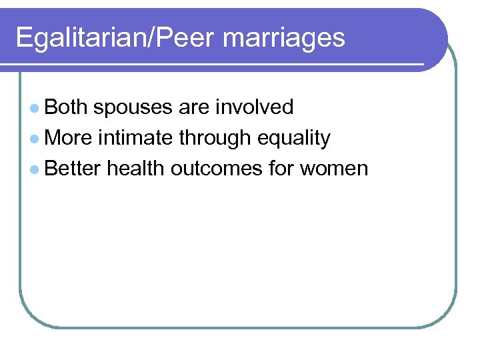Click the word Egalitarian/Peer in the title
[116, 37]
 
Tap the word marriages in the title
[284, 37]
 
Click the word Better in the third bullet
[73, 169]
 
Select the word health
[136, 169]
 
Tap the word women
[334, 169]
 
